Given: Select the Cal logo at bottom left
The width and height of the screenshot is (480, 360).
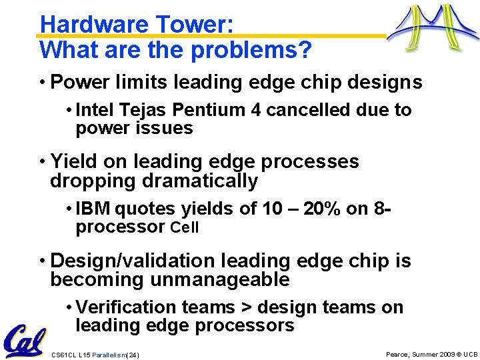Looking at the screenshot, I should (24, 341).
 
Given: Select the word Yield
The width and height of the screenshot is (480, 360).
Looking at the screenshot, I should (71, 162).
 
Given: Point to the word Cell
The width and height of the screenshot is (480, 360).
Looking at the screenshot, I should (185, 228).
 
